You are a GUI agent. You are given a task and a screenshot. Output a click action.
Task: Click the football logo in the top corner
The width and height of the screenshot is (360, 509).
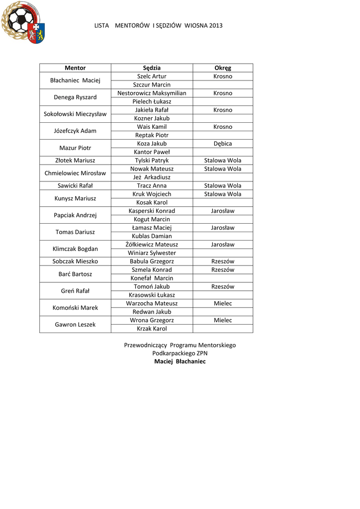click(22, 22)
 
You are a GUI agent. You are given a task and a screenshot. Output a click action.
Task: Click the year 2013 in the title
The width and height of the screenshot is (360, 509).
click(215, 25)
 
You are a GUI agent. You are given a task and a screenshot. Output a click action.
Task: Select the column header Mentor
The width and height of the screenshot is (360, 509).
click(75, 68)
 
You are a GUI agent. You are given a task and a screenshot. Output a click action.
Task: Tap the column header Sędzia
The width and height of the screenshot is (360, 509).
click(152, 68)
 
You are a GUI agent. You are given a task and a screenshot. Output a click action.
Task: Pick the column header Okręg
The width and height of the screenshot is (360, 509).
click(223, 68)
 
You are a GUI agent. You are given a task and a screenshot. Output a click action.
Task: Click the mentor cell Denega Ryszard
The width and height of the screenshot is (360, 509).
click(75, 97)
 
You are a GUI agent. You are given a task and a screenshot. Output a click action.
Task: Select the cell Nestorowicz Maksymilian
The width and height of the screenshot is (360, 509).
click(152, 93)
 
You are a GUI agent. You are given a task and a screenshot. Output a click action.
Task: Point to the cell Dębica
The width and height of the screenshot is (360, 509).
click(223, 144)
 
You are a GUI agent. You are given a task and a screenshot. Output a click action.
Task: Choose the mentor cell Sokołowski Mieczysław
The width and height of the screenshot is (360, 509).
click(75, 114)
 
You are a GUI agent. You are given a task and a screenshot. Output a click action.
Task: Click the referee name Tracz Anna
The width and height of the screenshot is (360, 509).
click(152, 186)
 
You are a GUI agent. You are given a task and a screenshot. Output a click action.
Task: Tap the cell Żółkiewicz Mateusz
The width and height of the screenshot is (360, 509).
click(152, 245)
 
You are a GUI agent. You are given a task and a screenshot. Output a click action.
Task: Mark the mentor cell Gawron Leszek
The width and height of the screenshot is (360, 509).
click(75, 325)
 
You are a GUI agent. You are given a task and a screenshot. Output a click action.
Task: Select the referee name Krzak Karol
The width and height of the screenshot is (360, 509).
click(152, 329)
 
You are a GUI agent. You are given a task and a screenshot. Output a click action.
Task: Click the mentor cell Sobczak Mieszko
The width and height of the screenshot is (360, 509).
click(75, 261)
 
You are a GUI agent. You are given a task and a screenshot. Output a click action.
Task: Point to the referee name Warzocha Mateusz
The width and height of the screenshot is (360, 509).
click(152, 303)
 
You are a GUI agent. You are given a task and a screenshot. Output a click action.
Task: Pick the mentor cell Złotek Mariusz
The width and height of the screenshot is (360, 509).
click(75, 161)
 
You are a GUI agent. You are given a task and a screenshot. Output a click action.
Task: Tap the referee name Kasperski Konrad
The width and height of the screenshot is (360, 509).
click(152, 211)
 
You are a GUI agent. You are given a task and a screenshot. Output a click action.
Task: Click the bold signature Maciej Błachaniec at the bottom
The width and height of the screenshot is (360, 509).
click(180, 362)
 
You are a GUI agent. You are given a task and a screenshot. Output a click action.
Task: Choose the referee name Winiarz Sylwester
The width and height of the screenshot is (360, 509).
click(152, 253)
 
